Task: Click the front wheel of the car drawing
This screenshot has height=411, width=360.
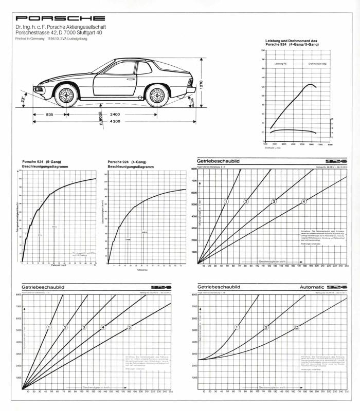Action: pos(66,95)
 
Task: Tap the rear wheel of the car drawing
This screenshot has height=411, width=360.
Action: pos(157,95)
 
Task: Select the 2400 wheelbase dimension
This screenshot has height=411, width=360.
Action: pos(115,114)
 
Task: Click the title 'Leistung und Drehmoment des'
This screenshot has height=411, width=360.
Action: pos(292,41)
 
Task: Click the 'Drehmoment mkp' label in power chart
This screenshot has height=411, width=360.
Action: pos(317,64)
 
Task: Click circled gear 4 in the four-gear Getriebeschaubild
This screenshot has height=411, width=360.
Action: pos(303,201)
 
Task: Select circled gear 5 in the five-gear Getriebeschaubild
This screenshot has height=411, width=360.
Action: pos(130,327)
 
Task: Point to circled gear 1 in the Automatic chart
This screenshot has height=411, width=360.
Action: pos(237,327)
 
